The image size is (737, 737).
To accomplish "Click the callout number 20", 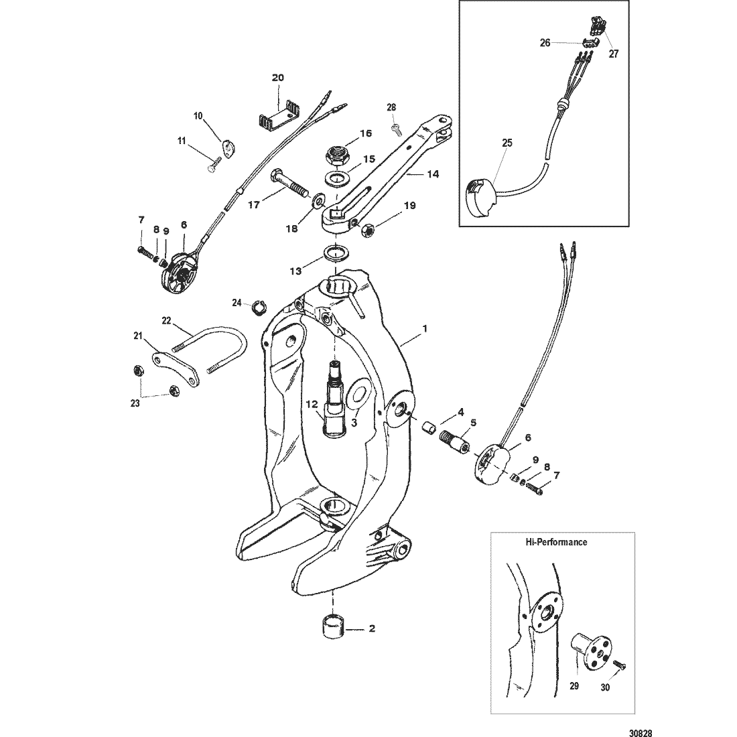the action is tap(278, 78).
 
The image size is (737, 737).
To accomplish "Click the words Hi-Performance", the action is tap(556, 542).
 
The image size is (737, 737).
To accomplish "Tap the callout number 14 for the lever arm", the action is tap(433, 174).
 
